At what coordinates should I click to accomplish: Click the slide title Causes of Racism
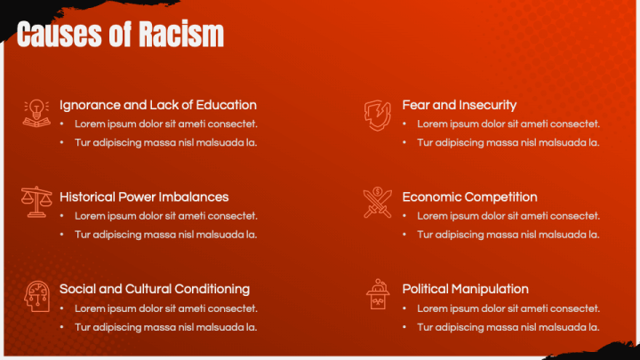click(120, 36)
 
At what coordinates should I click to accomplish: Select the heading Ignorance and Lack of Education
click(158, 105)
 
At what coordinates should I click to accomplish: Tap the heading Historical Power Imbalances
click(144, 197)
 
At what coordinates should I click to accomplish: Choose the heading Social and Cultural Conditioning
click(155, 289)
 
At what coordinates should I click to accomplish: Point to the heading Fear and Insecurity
click(459, 105)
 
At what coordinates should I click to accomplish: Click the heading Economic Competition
click(469, 197)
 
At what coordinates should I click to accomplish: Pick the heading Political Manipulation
click(465, 289)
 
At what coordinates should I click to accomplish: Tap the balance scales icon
click(36, 203)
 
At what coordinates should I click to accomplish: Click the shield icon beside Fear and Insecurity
click(377, 114)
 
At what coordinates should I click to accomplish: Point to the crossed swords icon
click(377, 203)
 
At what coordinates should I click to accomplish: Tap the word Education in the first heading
click(227, 105)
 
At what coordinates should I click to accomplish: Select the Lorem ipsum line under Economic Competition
click(508, 216)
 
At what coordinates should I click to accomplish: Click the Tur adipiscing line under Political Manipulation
click(508, 327)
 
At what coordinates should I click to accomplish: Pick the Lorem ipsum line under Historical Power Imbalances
click(166, 216)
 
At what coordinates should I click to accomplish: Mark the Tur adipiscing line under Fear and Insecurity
click(508, 142)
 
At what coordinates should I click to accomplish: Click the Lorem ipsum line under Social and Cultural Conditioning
click(166, 308)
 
